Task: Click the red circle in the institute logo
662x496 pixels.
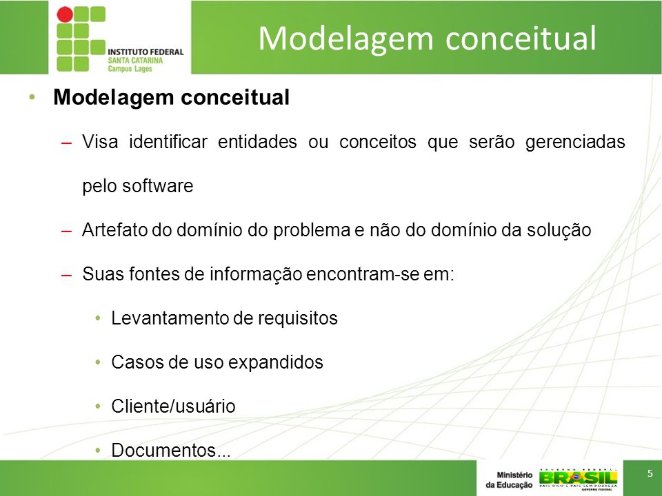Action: click(x=65, y=14)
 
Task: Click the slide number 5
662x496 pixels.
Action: click(x=650, y=473)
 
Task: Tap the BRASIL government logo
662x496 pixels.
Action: click(x=578, y=480)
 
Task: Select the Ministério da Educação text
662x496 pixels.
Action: click(x=509, y=480)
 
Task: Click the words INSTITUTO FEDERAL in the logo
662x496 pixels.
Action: click(x=146, y=52)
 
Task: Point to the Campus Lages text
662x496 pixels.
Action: click(x=130, y=68)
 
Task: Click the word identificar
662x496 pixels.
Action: click(x=168, y=142)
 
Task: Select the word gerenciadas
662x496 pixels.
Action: click(x=575, y=143)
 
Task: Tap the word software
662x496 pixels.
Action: click(x=157, y=186)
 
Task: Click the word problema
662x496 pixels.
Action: click(x=312, y=231)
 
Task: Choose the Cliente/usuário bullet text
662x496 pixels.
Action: click(x=173, y=406)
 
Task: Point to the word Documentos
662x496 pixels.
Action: click(x=163, y=450)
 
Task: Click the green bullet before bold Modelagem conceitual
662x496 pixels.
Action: click(x=32, y=97)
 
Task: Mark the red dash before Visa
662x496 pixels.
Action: click(x=66, y=143)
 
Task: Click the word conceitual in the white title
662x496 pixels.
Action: click(x=521, y=38)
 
